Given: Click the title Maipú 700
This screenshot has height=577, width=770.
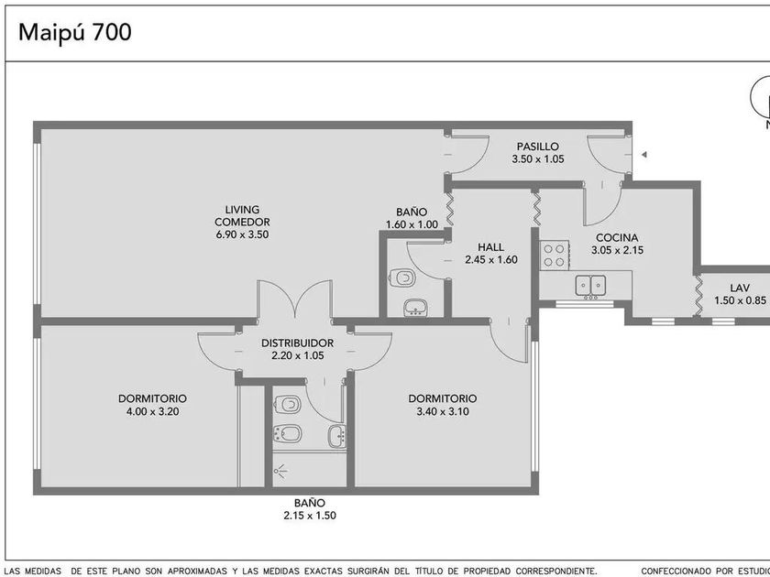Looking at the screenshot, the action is (74, 33).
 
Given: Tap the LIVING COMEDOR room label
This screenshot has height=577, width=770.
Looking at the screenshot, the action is (242, 216).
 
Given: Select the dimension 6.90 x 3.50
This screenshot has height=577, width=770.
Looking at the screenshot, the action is (242, 234).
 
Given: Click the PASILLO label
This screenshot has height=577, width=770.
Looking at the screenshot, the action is (538, 147).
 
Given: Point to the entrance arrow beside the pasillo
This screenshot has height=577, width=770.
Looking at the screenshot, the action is (643, 155).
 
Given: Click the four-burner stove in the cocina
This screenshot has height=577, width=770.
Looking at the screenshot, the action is (555, 256).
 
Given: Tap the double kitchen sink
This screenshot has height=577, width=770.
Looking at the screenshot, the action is (590, 287).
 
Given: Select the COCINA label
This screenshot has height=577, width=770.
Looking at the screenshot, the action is (617, 238).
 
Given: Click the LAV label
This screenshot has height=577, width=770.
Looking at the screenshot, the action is (740, 288).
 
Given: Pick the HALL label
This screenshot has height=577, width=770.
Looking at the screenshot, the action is (490, 247).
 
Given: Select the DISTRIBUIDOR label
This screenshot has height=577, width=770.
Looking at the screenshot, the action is (297, 343).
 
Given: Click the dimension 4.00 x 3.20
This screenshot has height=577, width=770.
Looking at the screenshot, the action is (153, 411).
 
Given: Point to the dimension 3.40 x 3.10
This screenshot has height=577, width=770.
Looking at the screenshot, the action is (443, 411).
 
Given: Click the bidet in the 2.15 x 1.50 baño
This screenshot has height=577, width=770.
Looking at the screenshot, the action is (287, 433).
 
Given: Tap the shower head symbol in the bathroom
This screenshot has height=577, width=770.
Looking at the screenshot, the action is (280, 472).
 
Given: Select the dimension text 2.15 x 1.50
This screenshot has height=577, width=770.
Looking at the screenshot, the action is (310, 516).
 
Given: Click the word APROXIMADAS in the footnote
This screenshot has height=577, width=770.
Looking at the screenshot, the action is (195, 572).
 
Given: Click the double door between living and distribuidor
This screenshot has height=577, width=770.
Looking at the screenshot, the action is (294, 299).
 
